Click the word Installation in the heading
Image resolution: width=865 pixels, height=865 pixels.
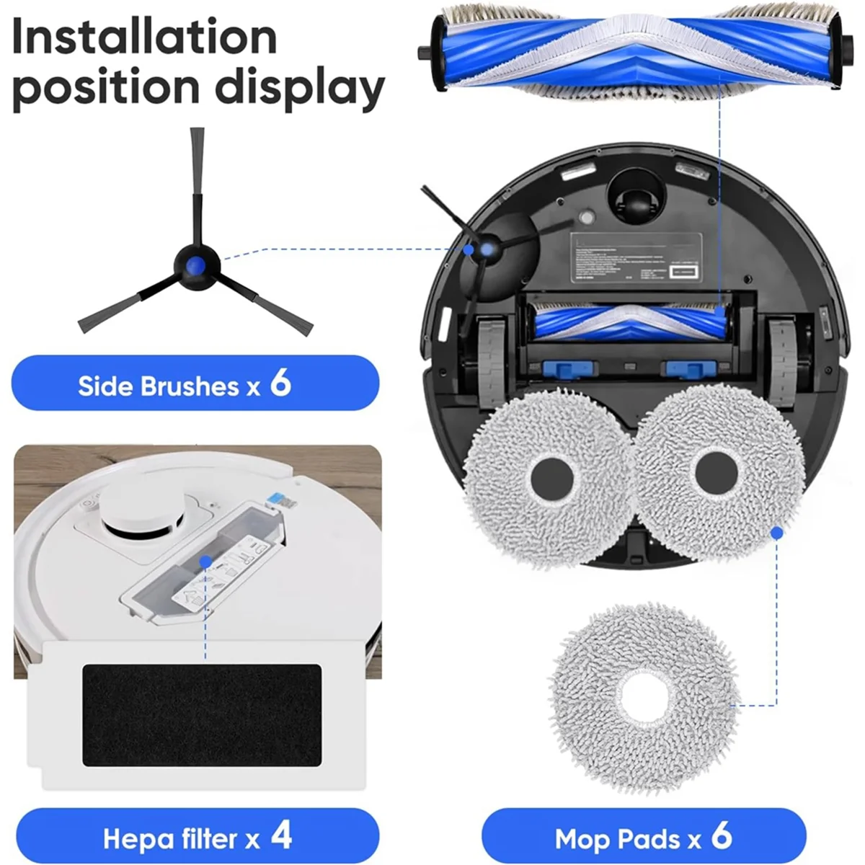point(144,37)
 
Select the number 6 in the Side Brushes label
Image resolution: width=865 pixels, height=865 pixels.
point(280,383)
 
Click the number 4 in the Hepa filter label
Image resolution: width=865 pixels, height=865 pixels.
point(282,836)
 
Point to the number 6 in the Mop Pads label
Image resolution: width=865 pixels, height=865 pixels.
point(722,836)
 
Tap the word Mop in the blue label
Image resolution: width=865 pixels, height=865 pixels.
point(581,839)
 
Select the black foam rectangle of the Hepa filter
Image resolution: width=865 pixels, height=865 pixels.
point(201,715)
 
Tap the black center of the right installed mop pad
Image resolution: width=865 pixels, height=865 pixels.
point(717,472)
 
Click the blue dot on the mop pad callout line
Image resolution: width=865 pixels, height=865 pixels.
point(777,533)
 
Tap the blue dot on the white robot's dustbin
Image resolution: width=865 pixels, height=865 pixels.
point(205,560)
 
